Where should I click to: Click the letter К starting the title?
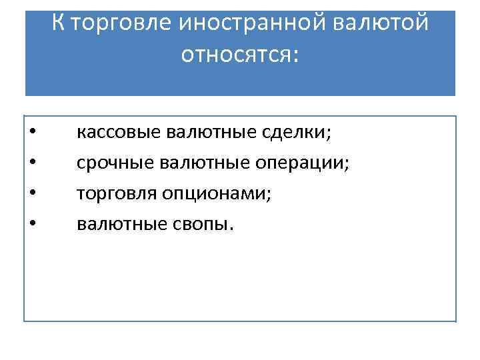(x=59, y=24)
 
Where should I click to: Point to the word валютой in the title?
(x=377, y=24)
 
